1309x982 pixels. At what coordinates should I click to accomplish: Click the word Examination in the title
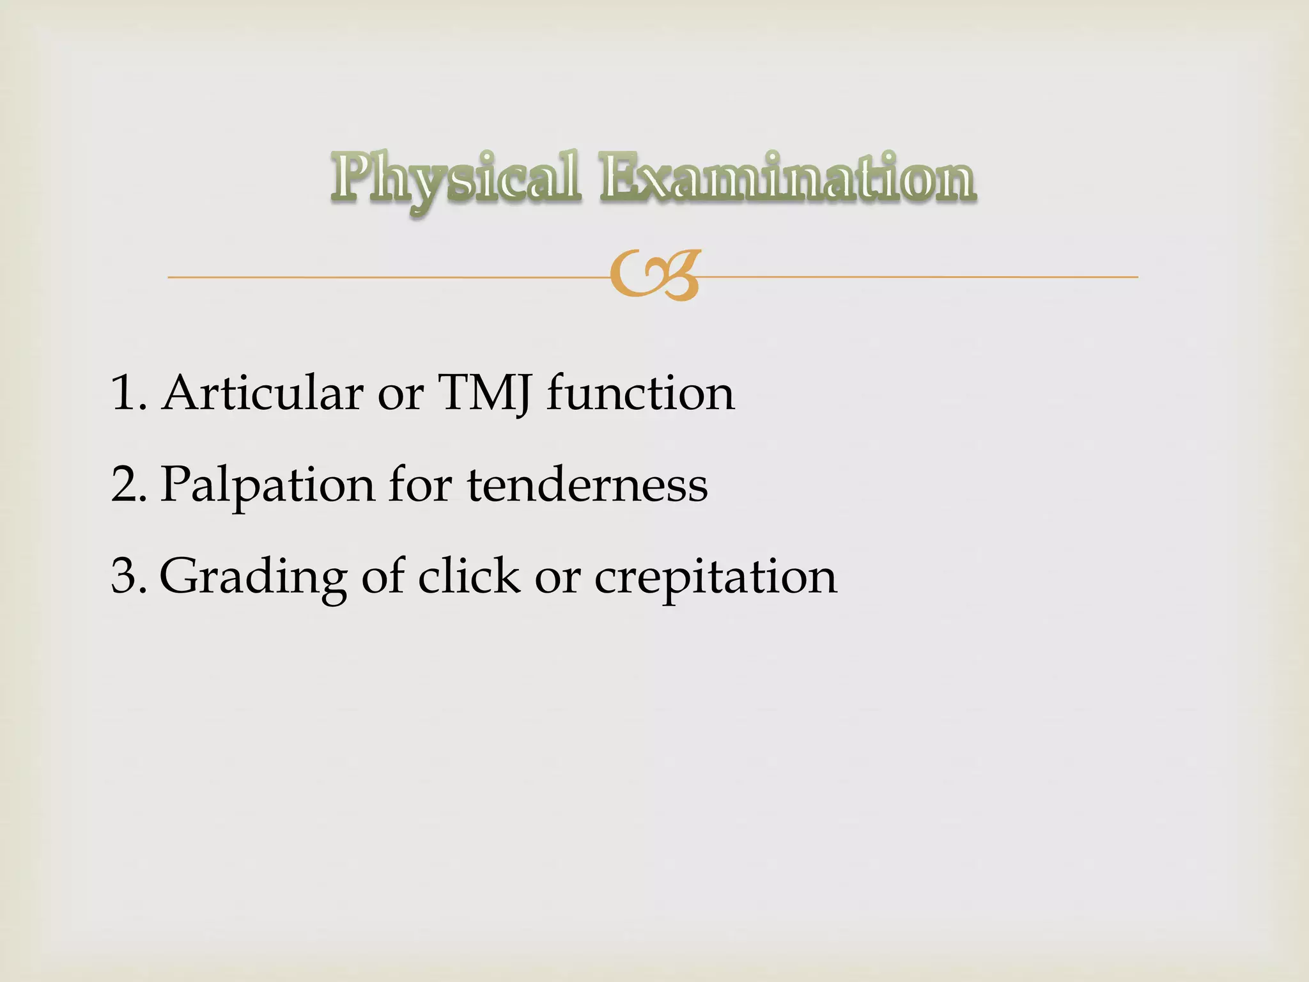[x=787, y=176]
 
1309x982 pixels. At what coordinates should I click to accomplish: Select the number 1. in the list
[x=128, y=393]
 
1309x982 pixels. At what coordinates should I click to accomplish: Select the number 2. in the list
[x=128, y=484]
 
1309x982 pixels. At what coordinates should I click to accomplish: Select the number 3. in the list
[x=128, y=575]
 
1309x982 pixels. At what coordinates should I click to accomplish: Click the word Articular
[x=263, y=393]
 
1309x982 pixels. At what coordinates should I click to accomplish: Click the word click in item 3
[x=469, y=575]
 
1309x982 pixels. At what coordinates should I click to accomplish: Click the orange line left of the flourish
[x=383, y=277]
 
